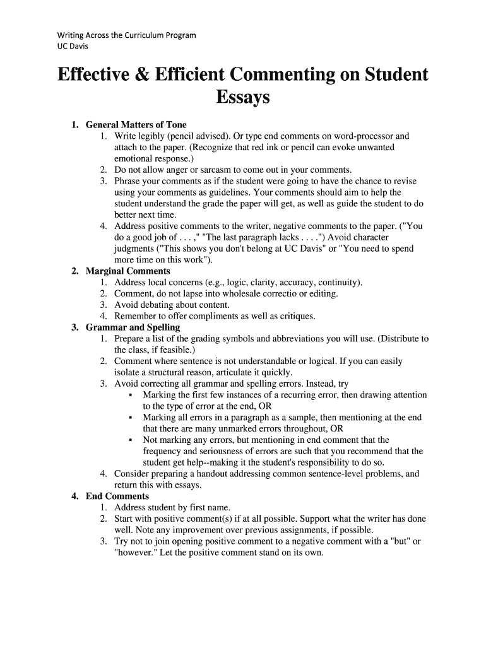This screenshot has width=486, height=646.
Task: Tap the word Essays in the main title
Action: [243, 98]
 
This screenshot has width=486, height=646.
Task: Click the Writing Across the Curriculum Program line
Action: [126, 35]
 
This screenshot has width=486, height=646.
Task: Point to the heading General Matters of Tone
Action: [136, 125]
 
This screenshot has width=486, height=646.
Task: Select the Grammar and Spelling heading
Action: [133, 327]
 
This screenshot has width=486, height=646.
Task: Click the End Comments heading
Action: [117, 496]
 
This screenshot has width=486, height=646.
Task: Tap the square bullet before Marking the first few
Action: [129, 396]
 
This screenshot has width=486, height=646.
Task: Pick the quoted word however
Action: [138, 553]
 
